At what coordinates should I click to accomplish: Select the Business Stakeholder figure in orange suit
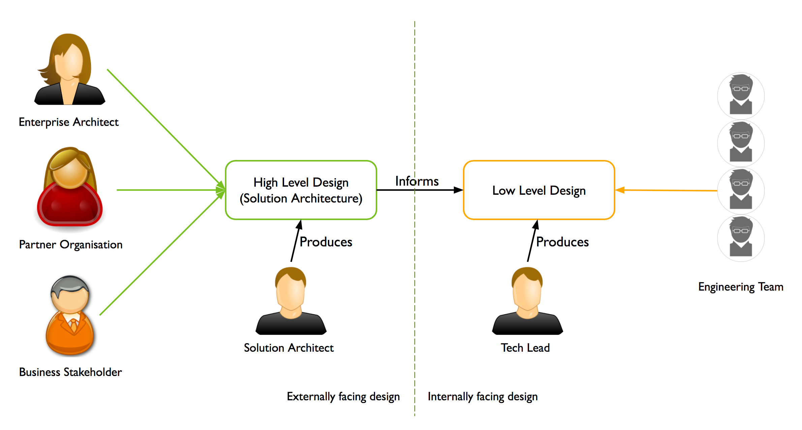point(70,316)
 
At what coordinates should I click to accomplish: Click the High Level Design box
point(301,190)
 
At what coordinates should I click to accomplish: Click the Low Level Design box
point(539,190)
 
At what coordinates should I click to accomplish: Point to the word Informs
point(417,181)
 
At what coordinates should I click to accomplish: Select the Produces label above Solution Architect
point(326,242)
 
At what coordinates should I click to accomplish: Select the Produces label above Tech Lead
point(562,242)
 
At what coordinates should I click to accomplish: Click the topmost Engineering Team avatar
point(741,96)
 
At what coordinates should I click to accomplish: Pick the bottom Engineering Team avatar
point(741,238)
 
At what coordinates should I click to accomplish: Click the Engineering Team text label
point(741,287)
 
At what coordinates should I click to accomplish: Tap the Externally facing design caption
point(343,396)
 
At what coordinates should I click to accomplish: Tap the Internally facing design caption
point(483,396)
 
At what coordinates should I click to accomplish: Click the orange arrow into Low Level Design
point(667,190)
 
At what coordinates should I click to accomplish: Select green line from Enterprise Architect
point(162,125)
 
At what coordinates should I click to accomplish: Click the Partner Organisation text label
point(71,245)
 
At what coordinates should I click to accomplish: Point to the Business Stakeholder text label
point(70,372)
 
